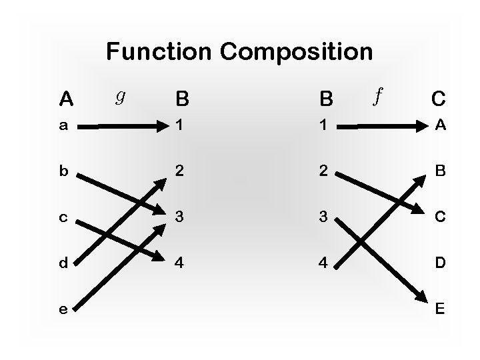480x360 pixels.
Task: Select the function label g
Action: (121, 97)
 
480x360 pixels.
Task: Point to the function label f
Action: (378, 96)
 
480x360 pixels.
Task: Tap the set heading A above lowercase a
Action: (65, 99)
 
